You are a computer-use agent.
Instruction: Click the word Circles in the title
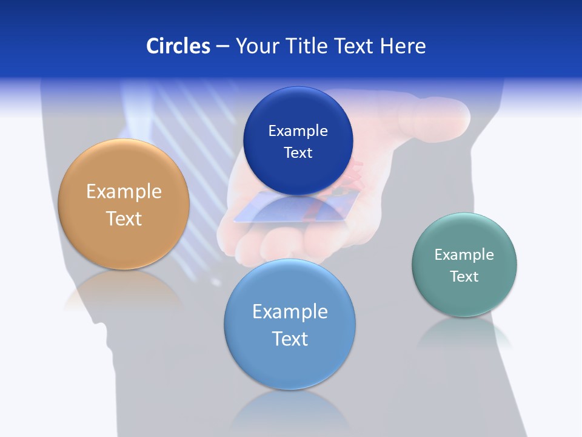[178, 46]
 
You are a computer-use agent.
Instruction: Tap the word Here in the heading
[403, 46]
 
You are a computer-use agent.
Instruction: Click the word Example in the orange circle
[124, 192]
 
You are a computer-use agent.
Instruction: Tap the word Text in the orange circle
[124, 218]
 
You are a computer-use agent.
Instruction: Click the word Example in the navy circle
[298, 131]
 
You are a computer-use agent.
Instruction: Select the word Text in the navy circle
[298, 153]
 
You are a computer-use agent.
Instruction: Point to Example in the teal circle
[464, 255]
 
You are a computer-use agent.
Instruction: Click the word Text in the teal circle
[464, 277]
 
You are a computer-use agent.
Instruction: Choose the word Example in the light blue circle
[290, 312]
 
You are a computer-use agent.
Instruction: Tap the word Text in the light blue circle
[290, 339]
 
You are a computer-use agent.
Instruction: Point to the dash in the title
[222, 46]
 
